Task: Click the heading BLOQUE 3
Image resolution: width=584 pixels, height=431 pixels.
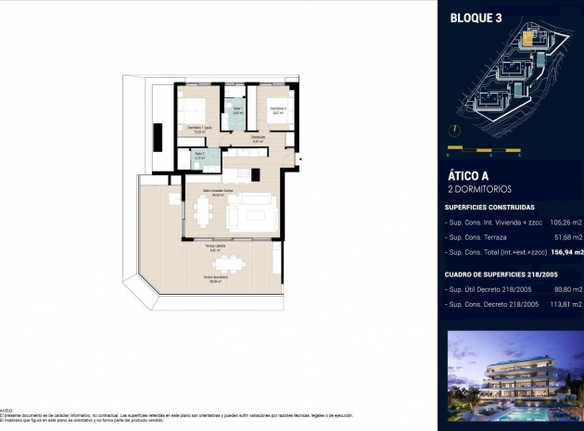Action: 476,16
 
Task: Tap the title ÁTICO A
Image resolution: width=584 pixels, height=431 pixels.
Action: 469,175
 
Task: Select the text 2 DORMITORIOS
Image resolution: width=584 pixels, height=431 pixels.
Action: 479,189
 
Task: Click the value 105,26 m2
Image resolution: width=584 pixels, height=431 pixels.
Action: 566,223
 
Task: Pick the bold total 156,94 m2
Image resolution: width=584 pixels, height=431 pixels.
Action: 566,252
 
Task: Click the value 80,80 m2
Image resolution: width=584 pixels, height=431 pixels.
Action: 568,290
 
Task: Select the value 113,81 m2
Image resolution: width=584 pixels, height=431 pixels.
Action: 566,304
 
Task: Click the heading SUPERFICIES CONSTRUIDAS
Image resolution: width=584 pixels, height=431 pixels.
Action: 489,208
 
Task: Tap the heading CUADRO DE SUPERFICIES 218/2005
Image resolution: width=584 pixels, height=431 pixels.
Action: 501,274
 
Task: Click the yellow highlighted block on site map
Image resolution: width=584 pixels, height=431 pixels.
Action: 530,39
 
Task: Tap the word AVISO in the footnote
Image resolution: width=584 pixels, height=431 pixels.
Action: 7,408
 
